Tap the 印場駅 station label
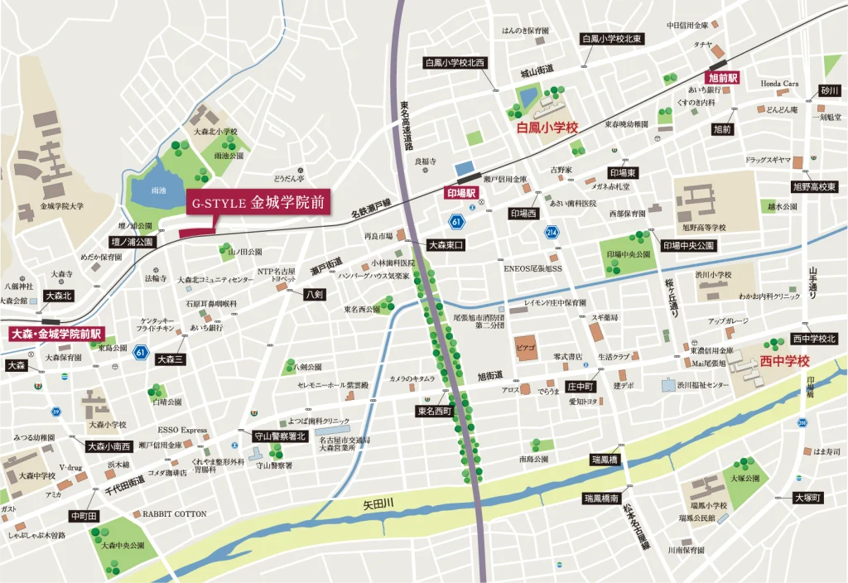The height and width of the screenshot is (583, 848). [x=462, y=193]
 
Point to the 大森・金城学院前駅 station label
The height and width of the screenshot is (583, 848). [x=55, y=334]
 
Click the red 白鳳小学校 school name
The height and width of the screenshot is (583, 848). [x=546, y=128]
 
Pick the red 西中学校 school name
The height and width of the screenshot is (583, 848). [x=784, y=361]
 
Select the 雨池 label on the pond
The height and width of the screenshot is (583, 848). [x=159, y=190]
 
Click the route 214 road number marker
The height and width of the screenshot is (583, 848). [x=552, y=234]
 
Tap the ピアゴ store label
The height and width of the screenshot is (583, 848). [x=526, y=344]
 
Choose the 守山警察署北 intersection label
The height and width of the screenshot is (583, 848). [x=279, y=436]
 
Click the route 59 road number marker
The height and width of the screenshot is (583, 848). [x=55, y=412]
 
